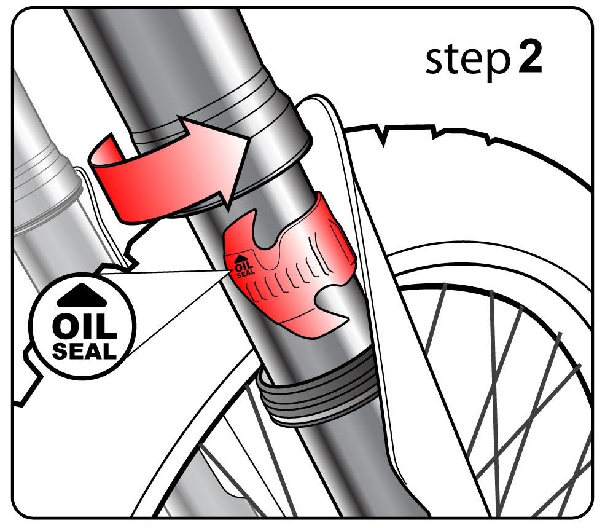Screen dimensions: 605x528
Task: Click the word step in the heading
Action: [x=468, y=61]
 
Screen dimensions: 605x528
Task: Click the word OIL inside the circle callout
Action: [x=85, y=327]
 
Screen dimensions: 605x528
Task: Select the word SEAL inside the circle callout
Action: [x=85, y=351]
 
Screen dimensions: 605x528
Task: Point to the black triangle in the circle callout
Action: [x=82, y=295]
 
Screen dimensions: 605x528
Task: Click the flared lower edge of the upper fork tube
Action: [x=270, y=170]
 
